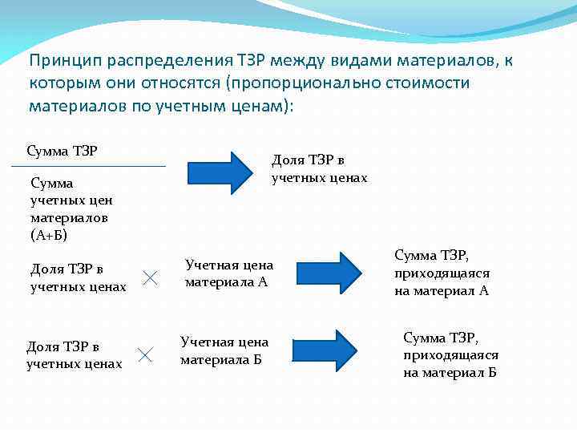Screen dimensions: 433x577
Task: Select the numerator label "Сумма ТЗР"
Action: (x=63, y=151)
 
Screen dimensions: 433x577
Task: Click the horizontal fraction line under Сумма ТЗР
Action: (x=88, y=166)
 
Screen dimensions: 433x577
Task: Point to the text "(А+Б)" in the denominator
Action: (x=50, y=235)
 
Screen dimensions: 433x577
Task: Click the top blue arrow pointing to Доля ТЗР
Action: (x=220, y=172)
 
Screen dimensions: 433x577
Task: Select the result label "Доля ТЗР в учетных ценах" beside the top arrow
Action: (x=319, y=169)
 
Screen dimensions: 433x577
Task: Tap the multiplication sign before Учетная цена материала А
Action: (x=150, y=277)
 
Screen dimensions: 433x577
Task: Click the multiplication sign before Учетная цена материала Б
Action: (x=145, y=354)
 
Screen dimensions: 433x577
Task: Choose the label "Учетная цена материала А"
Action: (x=228, y=273)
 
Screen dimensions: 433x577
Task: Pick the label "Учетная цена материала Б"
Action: (x=224, y=350)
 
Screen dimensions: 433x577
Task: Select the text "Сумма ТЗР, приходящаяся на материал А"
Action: (x=442, y=273)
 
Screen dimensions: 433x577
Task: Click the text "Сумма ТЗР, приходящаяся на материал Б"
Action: (x=450, y=354)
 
